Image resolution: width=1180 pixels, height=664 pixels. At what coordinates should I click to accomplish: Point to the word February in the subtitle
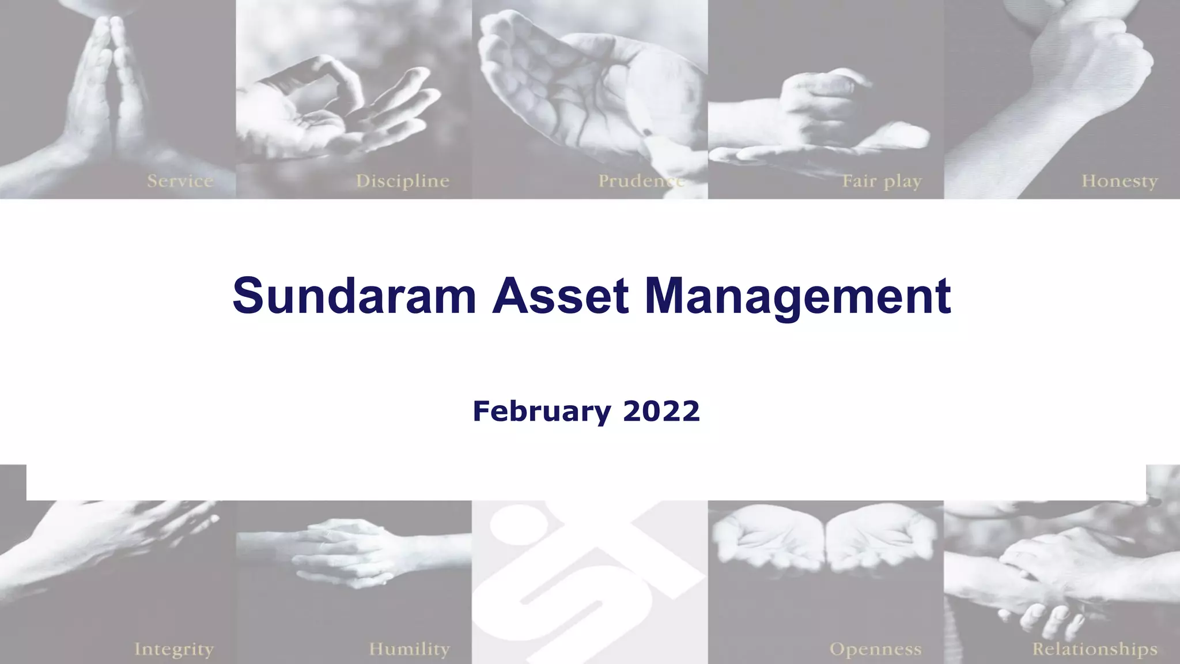coord(542,412)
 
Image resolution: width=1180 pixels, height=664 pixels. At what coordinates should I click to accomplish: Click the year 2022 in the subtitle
coord(661,412)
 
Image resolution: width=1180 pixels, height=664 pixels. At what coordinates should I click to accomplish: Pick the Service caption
coord(180,181)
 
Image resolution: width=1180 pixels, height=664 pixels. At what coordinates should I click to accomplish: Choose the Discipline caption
coord(402,181)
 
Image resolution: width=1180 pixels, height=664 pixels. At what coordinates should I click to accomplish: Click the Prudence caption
coord(641,181)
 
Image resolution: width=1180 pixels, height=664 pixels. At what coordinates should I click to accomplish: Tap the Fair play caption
coord(882,182)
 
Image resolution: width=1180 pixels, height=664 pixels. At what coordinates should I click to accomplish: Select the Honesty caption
coord(1119,181)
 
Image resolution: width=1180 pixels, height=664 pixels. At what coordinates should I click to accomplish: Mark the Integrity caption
coord(174,649)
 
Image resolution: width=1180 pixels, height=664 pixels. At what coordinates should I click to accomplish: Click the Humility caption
coord(409,649)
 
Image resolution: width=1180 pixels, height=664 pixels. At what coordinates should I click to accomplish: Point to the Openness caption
coord(875,649)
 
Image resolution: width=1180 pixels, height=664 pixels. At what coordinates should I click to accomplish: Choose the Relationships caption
coord(1094,649)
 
